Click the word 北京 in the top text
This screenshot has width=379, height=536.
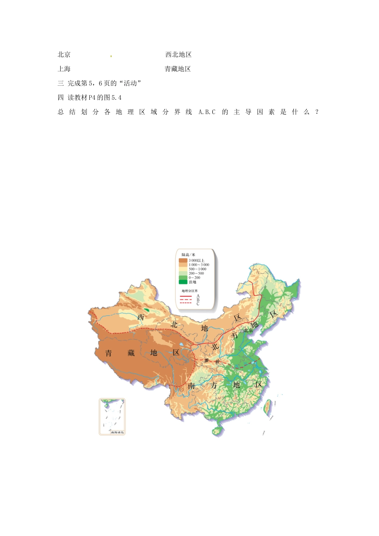64,55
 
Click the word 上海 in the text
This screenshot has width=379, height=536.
64,69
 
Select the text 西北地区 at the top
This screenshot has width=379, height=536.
178,55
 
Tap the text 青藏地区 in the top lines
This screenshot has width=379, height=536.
178,69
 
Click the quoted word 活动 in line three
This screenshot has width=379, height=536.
130,83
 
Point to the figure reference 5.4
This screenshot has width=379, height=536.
116,98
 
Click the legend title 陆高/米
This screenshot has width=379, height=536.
188,255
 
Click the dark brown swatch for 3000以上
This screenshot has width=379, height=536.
183,260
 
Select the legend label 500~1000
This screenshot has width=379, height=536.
197,269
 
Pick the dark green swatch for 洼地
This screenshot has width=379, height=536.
183,282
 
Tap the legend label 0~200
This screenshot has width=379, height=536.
195,278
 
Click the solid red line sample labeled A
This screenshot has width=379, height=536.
186,296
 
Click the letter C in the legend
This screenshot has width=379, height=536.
198,304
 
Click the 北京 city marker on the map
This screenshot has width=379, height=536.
242,331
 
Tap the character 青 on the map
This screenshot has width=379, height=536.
109,353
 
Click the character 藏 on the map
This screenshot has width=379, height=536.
131,353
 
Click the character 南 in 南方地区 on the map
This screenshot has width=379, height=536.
191,386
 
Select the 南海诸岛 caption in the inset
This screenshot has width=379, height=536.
117,432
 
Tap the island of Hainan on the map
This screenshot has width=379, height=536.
217,431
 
